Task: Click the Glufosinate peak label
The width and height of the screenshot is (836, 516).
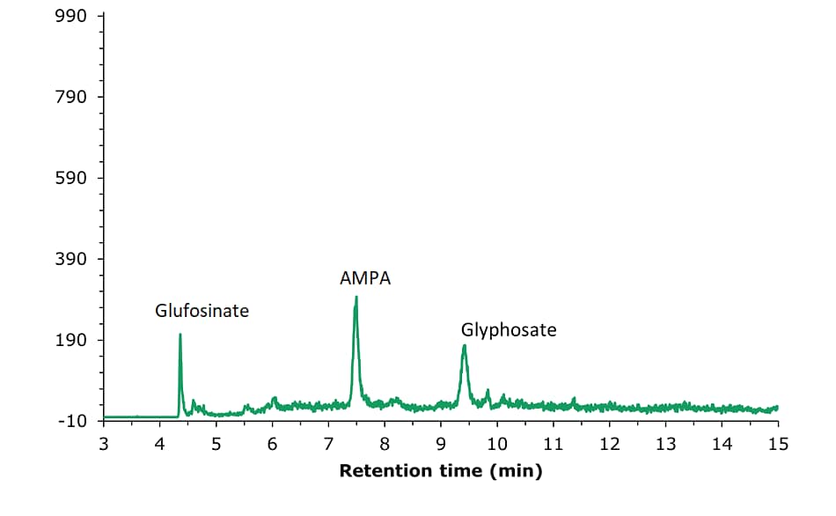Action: coord(202,311)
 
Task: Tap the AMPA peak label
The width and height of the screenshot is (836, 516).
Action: coord(365,279)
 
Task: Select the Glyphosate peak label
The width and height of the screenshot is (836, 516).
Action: coord(509,330)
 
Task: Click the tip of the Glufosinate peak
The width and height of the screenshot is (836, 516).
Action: coord(180,335)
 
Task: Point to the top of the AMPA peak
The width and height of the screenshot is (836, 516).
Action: coord(356,297)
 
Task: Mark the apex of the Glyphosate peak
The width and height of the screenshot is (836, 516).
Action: coord(464,345)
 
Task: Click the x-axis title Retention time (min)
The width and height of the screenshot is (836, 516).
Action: coord(441,471)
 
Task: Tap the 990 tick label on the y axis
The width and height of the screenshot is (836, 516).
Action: coord(72,17)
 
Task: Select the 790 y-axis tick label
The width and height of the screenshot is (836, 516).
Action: coord(72,97)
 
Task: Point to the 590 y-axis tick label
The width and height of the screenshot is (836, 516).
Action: coord(72,179)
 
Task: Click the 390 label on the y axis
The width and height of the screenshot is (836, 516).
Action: coord(72,260)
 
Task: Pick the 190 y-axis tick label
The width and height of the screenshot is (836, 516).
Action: coord(72,341)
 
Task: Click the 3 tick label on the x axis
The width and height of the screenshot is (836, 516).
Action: coord(104,443)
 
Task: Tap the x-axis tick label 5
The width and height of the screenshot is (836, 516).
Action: coord(216,443)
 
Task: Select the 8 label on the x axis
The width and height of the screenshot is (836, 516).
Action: coord(385,443)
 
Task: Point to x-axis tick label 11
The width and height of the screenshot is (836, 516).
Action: coord(553,443)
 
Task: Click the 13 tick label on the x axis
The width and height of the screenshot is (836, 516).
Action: coord(665,443)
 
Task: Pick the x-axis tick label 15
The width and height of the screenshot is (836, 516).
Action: coord(778,443)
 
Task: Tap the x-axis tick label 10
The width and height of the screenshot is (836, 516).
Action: coord(497,443)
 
